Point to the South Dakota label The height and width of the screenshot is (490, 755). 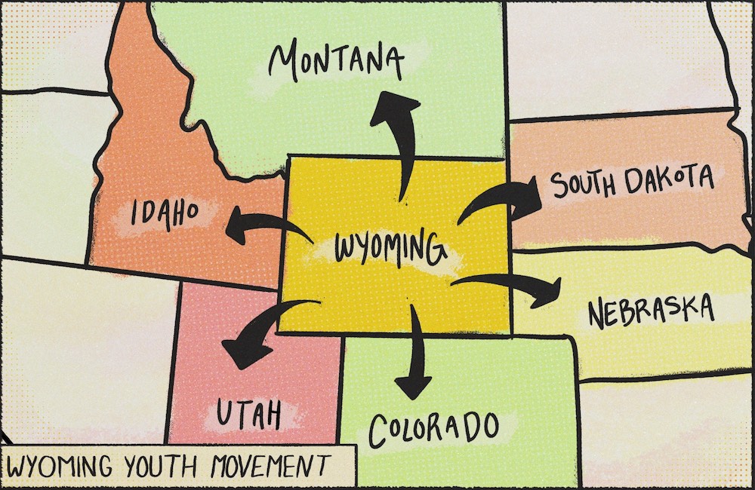tap(631, 183)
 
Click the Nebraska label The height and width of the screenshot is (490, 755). tap(650, 311)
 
